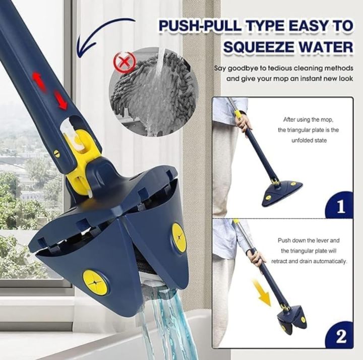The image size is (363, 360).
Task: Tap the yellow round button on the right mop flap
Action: (x=179, y=237)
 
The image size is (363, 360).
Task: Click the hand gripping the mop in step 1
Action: (x=246, y=123)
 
